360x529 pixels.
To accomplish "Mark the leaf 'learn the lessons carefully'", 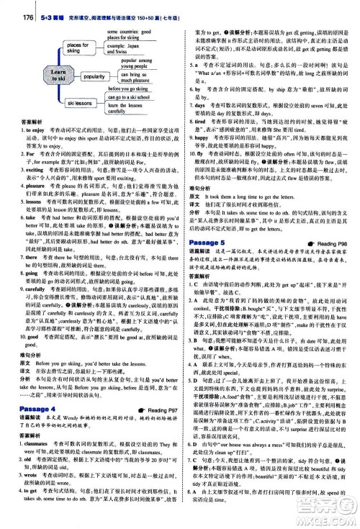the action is (x=132, y=107).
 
